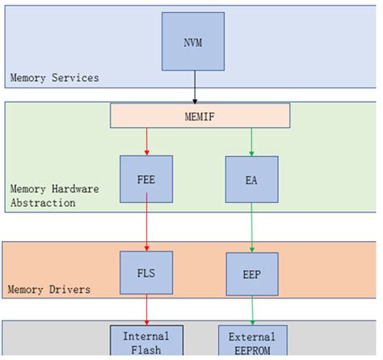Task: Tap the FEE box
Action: coord(146,179)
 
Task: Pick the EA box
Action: coord(251,179)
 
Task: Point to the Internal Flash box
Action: coord(146,342)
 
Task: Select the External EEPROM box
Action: coord(252,342)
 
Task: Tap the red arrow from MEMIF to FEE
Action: coord(146,142)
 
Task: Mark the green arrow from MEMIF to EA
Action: coord(251,142)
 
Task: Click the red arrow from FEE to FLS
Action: coord(146,227)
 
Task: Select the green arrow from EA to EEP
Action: coord(251,227)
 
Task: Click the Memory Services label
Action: coord(54,78)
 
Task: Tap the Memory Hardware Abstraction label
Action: coord(54,195)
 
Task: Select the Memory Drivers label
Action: coord(48,288)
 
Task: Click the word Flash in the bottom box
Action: coord(146,350)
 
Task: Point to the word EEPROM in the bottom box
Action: coord(252,350)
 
